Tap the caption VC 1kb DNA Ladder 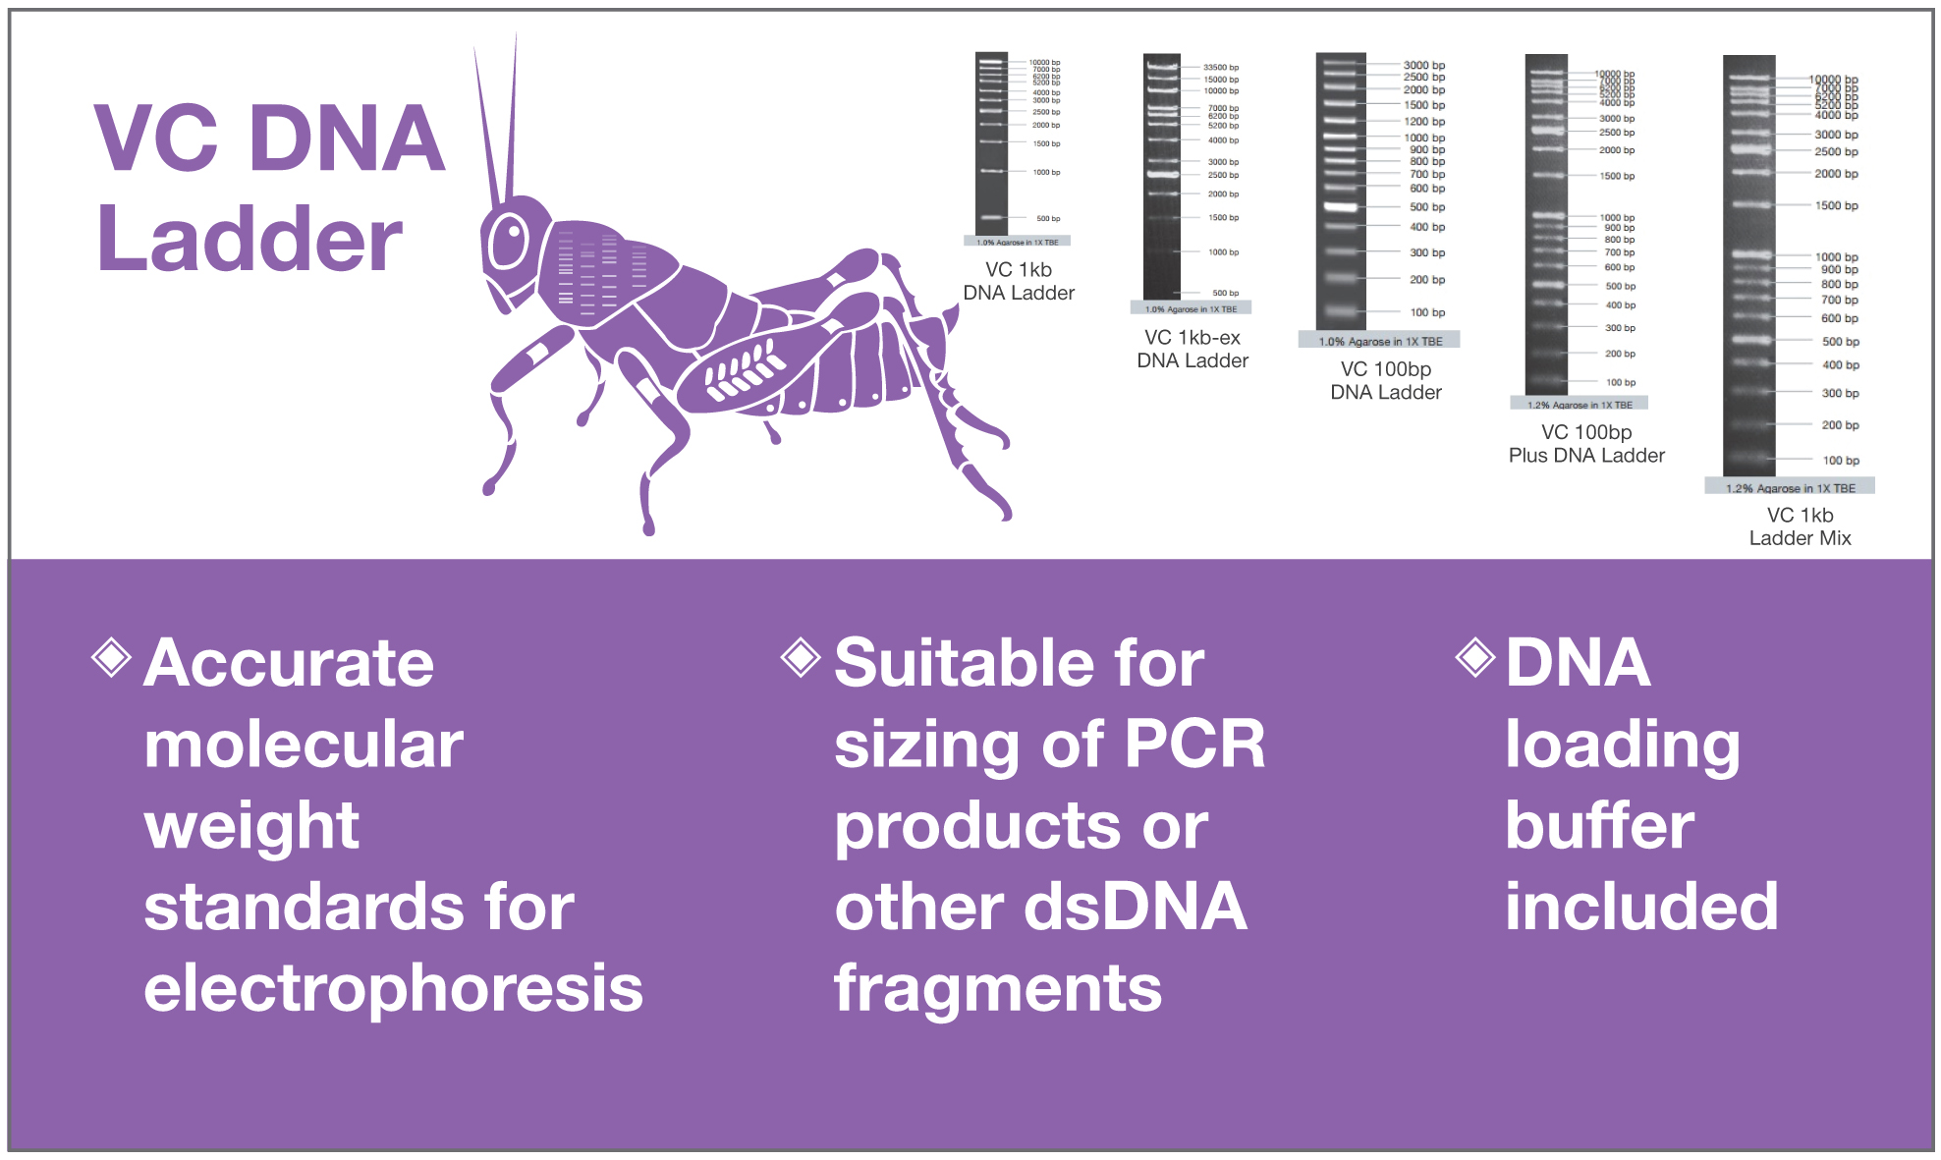[1019, 281]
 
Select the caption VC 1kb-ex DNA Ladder [1192, 349]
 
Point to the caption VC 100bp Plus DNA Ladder [1585, 444]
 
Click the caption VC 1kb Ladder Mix [1799, 526]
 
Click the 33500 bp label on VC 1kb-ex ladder [1221, 68]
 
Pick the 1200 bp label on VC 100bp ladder [1423, 122]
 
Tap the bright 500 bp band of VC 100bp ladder [1341, 207]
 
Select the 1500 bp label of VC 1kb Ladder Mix [1836, 206]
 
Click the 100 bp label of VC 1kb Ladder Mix [1840, 461]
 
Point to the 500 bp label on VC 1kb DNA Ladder [1048, 219]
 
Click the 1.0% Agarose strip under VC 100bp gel [1379, 341]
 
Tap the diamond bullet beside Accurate [112, 657]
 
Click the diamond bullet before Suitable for [801, 657]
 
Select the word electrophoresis [393, 988]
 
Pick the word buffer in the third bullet [1599, 826]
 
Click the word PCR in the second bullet [1194, 745]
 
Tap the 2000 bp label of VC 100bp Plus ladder [1616, 150]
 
